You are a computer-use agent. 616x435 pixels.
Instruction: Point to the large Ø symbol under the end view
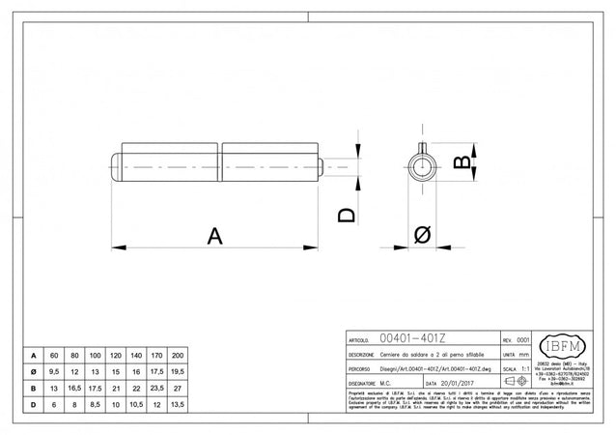[x=422, y=235]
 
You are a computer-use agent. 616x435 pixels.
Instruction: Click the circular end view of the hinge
[x=421, y=165]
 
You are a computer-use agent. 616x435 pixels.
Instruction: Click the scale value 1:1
[x=523, y=368]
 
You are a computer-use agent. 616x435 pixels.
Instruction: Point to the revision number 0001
[x=523, y=340]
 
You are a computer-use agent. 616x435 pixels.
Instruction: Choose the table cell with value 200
[x=176, y=355]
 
